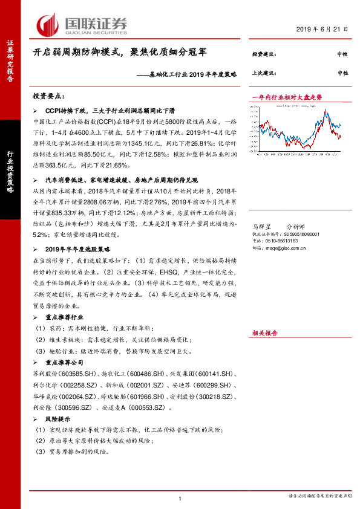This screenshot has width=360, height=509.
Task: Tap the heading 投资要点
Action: tap(51, 96)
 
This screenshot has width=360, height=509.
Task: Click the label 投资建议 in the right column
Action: tap(264, 54)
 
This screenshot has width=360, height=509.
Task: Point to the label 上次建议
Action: tap(264, 73)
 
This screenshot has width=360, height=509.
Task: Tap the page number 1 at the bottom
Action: tap(180, 498)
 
